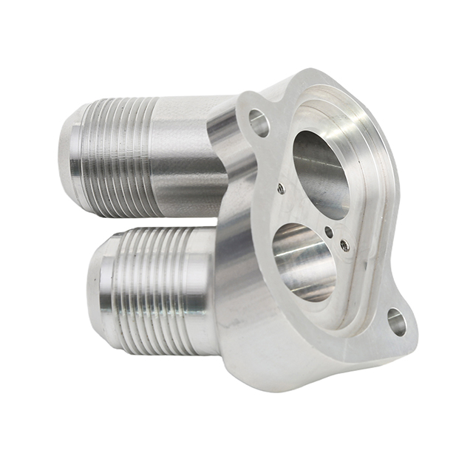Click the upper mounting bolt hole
[x=259, y=123]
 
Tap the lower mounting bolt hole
[x=397, y=322]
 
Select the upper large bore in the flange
[x=320, y=174]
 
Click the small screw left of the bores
[x=281, y=189]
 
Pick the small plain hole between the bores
[x=328, y=232]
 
